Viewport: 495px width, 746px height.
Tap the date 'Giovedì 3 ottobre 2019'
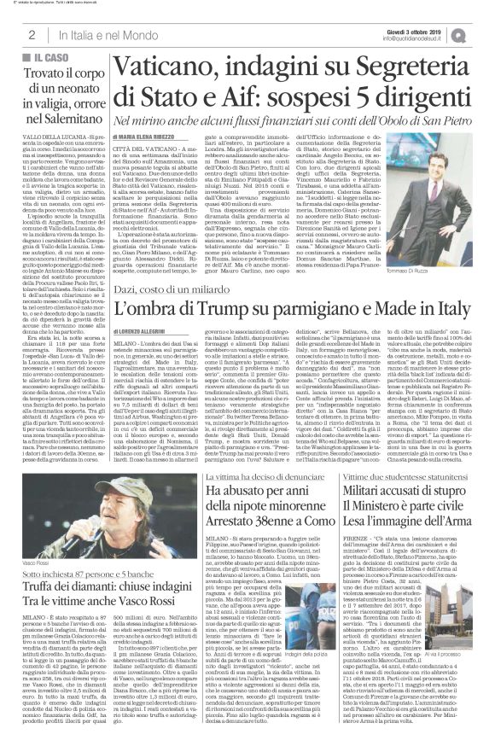(434, 28)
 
